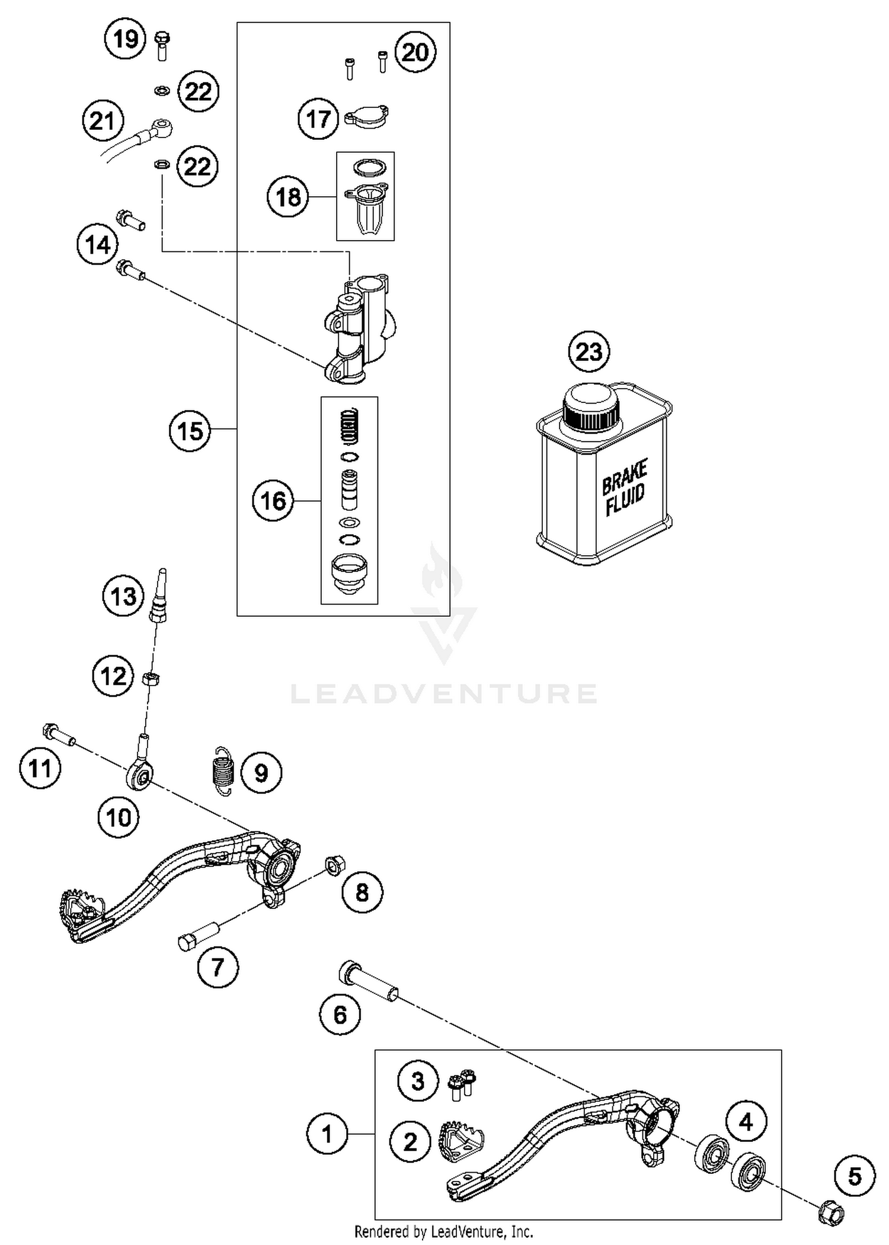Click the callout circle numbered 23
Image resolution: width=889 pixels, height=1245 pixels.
tap(589, 352)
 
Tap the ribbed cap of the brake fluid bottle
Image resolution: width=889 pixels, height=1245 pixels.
tap(590, 411)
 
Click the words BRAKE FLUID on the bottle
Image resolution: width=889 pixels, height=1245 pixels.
tap(624, 488)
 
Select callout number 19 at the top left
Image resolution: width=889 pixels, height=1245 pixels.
tap(125, 39)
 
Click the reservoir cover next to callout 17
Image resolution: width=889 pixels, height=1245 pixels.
tap(366, 117)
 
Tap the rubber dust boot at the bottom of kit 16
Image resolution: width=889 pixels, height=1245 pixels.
tap(349, 572)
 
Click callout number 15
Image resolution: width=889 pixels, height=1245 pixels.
tap(190, 431)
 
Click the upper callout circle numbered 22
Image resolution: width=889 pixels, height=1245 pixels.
tap(198, 91)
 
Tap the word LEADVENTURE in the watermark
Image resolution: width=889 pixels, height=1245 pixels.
tap(443, 694)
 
